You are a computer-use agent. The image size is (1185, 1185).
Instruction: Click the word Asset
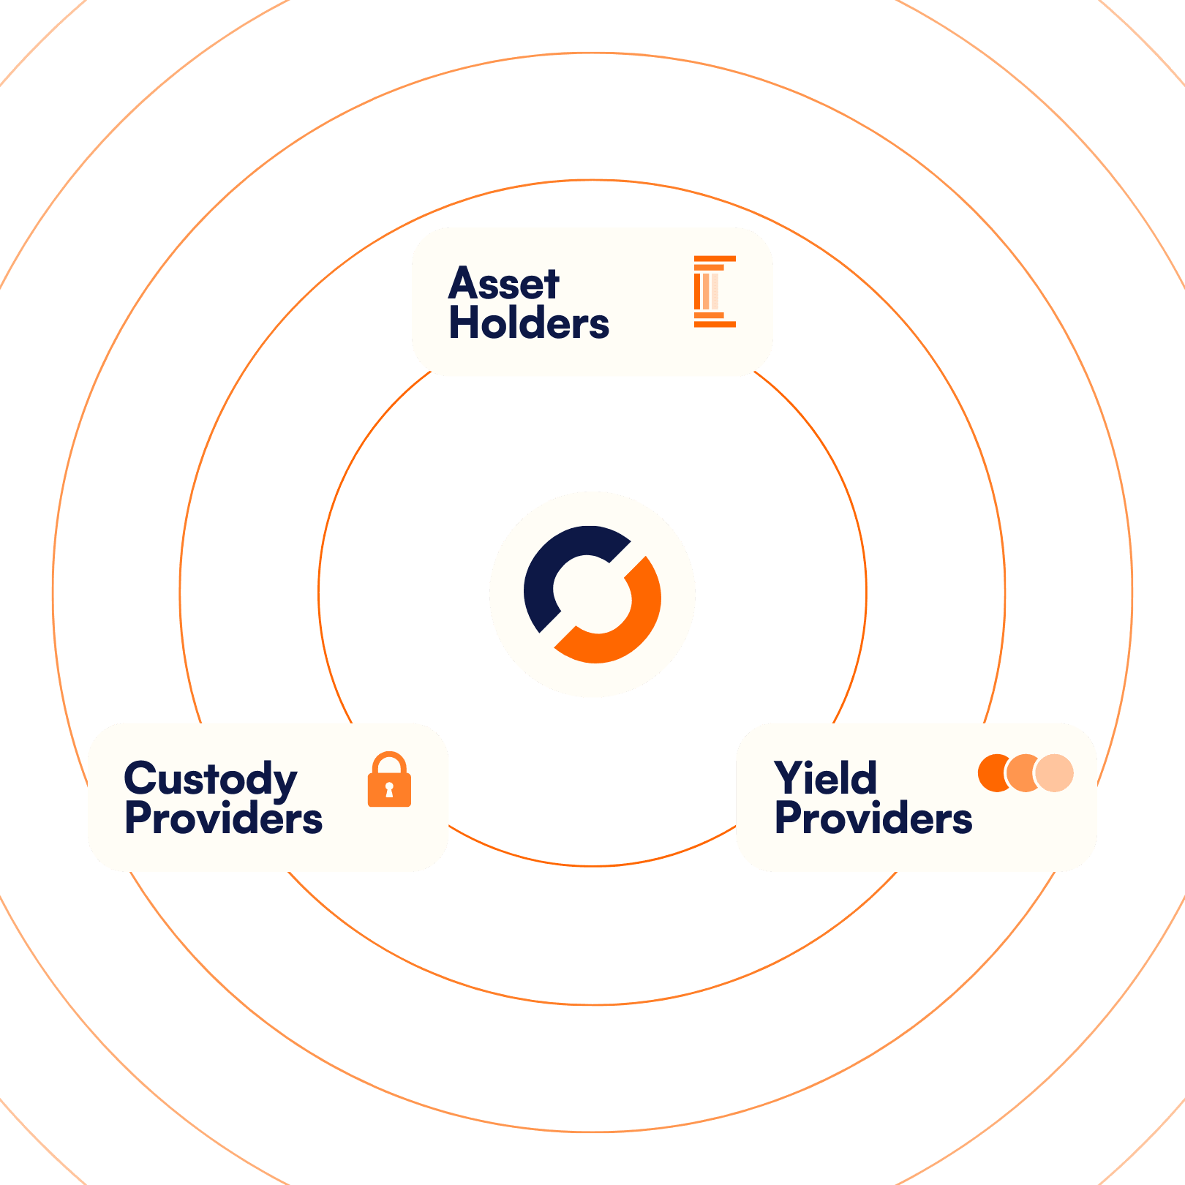point(504,284)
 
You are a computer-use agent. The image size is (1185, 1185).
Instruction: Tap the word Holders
point(529,323)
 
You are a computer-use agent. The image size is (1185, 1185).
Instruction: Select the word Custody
point(211,779)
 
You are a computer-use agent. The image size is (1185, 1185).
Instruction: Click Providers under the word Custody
point(223,819)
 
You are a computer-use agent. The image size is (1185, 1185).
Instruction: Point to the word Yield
point(825,778)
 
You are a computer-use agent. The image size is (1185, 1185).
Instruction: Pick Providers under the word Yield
point(873,819)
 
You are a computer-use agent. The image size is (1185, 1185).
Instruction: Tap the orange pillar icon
point(713,291)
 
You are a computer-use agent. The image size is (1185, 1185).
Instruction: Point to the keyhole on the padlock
point(389,790)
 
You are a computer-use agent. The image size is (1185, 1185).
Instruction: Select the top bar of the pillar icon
point(715,259)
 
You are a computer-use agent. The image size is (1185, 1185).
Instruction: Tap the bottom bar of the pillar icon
point(715,323)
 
